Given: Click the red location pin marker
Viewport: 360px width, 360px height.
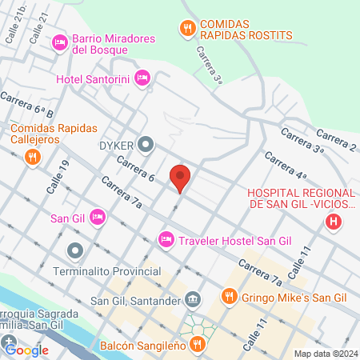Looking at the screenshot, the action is (x=180, y=177).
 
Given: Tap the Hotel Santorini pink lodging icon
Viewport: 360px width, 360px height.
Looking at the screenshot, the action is (x=142, y=78).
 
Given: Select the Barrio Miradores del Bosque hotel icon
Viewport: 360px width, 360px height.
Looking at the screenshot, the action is (x=59, y=42).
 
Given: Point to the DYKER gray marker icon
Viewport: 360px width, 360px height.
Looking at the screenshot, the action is (x=146, y=145).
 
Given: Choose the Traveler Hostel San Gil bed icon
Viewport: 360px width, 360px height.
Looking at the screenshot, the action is (x=166, y=238).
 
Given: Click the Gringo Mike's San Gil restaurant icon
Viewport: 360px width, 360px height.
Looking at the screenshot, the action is (x=229, y=298).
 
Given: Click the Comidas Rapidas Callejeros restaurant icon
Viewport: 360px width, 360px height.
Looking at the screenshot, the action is (x=33, y=157).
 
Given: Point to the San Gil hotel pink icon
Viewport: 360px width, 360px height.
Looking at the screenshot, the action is (x=98, y=216).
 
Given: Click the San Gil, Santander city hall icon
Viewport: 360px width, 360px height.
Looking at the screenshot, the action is (x=193, y=300).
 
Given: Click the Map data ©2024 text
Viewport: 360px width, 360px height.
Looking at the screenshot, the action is (x=324, y=354).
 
